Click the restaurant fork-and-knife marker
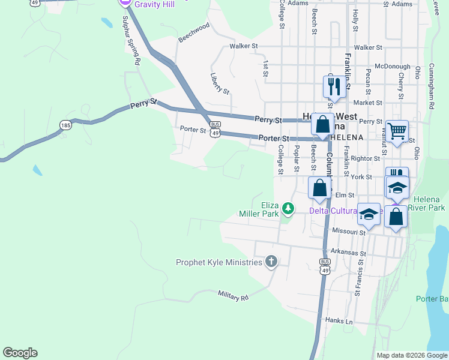point(334,86)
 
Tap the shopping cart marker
point(397,131)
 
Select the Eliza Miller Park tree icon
point(289,208)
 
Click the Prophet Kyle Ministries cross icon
point(271,262)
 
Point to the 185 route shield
point(65,125)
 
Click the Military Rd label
point(234,296)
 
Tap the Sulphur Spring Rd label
point(131,41)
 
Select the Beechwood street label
point(194,32)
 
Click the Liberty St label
point(220,83)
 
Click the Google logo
point(20,353)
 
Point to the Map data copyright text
point(412,355)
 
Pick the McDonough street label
point(392,67)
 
